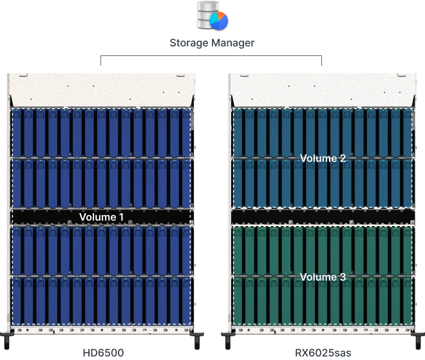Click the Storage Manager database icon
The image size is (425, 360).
[212, 15]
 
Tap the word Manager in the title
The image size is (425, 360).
[233, 43]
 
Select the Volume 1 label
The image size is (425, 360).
[101, 217]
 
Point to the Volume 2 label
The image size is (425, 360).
[323, 158]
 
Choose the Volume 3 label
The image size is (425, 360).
[323, 277]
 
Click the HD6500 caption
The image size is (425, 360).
[103, 353]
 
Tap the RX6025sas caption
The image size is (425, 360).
[323, 353]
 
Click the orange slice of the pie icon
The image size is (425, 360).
[222, 15]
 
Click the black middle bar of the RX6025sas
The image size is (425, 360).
[323, 217]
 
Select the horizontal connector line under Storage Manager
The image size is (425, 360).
[211, 56]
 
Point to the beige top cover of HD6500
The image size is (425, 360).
[102, 90]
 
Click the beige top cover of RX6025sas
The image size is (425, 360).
[323, 90]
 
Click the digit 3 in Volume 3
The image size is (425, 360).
[343, 277]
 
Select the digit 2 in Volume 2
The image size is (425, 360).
[343, 158]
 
